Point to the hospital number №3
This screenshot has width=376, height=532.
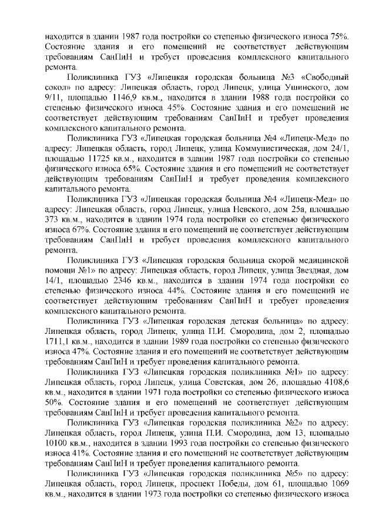point(271,78)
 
